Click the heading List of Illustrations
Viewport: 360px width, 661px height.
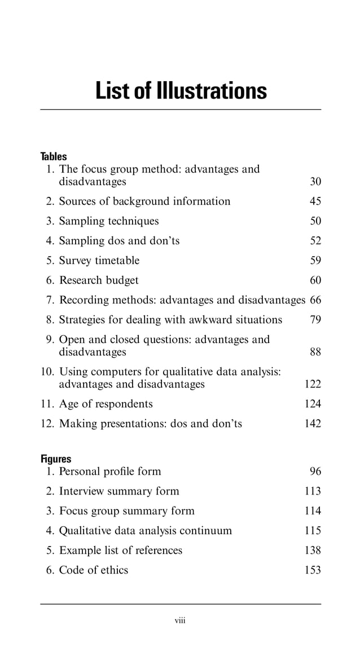coord(181,90)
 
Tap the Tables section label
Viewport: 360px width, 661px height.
coord(54,156)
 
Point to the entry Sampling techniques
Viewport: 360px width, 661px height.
coord(109,221)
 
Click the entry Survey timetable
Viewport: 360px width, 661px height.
coord(99,261)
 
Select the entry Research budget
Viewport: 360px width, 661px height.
coord(99,280)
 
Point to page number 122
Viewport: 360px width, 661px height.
coord(312,384)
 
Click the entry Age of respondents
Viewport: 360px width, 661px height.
coord(106,404)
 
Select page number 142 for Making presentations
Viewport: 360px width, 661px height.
coord(312,424)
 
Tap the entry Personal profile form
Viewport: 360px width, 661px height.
coord(110,471)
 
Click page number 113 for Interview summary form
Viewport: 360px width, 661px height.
coord(312,491)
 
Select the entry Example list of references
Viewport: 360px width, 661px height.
coord(121,550)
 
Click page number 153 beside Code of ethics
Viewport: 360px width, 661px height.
coord(312,570)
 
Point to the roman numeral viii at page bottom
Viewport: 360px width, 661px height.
coord(180,621)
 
